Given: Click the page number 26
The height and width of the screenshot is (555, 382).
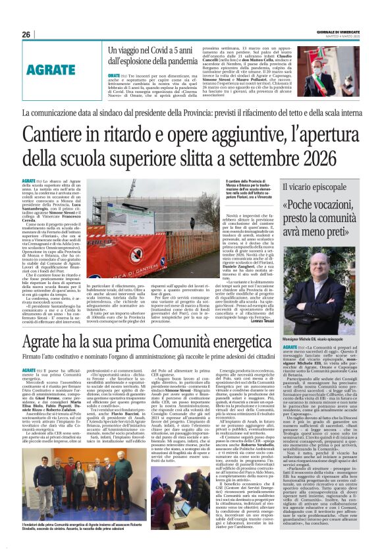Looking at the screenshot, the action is (x=26, y=35).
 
